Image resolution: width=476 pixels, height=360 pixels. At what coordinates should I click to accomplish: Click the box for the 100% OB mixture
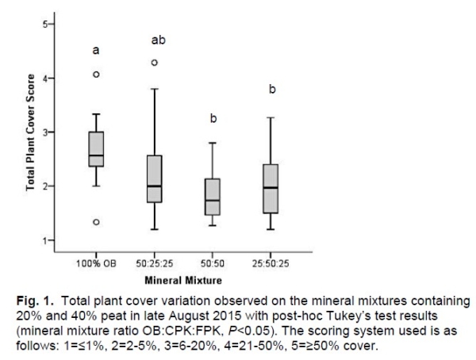coord(96,148)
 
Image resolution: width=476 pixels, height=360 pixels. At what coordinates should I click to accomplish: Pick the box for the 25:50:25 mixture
coord(271,189)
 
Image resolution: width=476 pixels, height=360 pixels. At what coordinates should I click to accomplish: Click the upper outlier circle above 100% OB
coord(96,75)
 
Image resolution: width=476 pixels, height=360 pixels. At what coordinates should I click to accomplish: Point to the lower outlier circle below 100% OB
coord(96,222)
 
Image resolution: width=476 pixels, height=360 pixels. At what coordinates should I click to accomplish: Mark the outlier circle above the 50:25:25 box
coord(155,62)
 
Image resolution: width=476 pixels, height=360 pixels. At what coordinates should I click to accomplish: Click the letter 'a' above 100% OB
coord(96,51)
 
